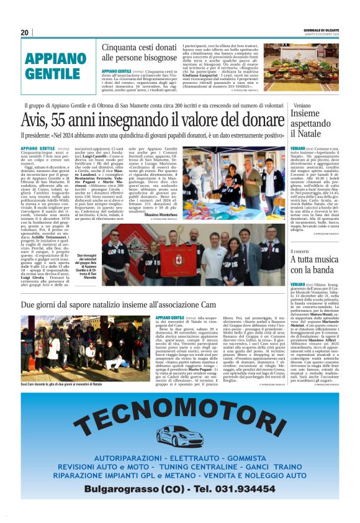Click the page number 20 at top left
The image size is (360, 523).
click(x=25, y=32)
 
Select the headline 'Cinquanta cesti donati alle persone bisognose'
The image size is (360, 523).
click(x=139, y=52)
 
